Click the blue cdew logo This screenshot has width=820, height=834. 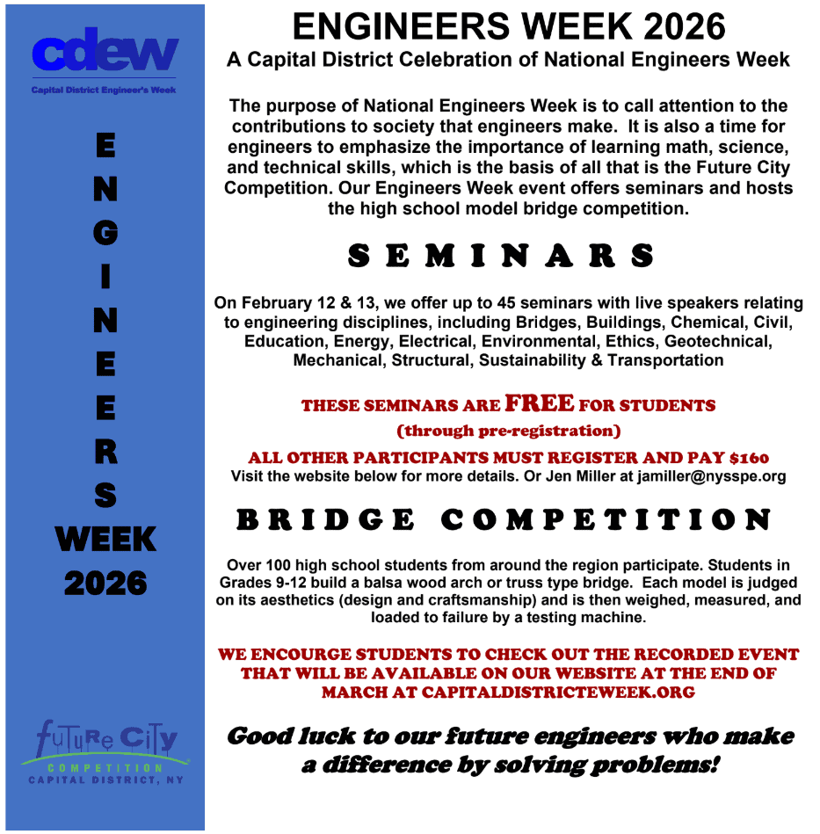point(105,49)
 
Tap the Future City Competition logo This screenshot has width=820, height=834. point(105,751)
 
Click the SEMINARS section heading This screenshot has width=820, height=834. point(500,256)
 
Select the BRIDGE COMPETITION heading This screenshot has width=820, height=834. point(503,519)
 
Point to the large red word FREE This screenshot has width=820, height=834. point(540,403)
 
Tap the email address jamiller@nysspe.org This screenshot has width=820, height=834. point(712,476)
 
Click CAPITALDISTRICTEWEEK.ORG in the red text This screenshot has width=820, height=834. point(558,692)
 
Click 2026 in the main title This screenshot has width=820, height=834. point(684,26)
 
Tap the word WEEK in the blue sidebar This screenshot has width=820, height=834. point(105,540)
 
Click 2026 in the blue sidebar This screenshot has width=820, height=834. point(105,583)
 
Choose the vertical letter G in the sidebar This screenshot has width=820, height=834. point(105,233)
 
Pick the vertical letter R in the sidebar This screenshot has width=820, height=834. point(105,452)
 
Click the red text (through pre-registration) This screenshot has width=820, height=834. point(509,431)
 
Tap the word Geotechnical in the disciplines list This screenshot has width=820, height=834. point(718,341)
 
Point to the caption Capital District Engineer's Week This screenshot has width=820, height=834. point(104,90)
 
